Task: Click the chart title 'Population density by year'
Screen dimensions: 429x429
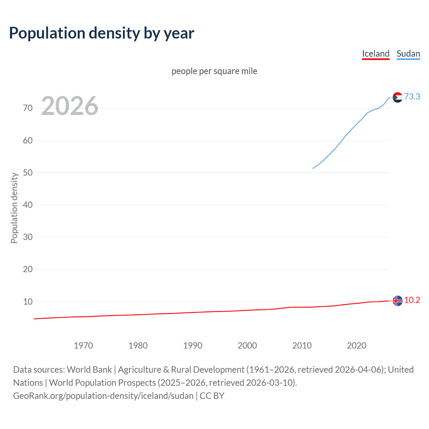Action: [x=102, y=33]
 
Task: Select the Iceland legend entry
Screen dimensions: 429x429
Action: [x=376, y=54]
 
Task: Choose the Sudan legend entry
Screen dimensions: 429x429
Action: [x=408, y=54]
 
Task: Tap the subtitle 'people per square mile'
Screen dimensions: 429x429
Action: [x=214, y=71]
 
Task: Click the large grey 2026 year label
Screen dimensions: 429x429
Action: [x=70, y=106]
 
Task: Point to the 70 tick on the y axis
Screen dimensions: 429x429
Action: [x=28, y=108]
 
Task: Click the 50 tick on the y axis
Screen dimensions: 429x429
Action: [x=28, y=173]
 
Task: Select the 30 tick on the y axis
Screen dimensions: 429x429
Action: [x=28, y=237]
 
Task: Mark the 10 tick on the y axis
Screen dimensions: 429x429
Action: [x=28, y=302]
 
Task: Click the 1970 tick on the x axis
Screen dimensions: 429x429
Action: [x=83, y=346]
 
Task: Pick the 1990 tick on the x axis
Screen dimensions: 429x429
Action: [x=193, y=346]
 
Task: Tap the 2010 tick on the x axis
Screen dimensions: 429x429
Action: [x=302, y=346]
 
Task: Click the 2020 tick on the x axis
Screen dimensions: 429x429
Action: [x=357, y=346]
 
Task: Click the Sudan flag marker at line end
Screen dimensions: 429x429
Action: [x=397, y=98]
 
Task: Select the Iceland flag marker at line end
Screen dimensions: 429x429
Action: [x=397, y=301]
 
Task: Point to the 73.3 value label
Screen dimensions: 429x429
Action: [x=412, y=97]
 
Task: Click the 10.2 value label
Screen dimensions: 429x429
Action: [x=412, y=300]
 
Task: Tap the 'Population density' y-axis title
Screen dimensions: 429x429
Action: [x=14, y=208]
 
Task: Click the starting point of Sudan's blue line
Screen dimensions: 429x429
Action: [x=313, y=168]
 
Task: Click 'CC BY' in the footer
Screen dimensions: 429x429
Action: [x=212, y=396]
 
